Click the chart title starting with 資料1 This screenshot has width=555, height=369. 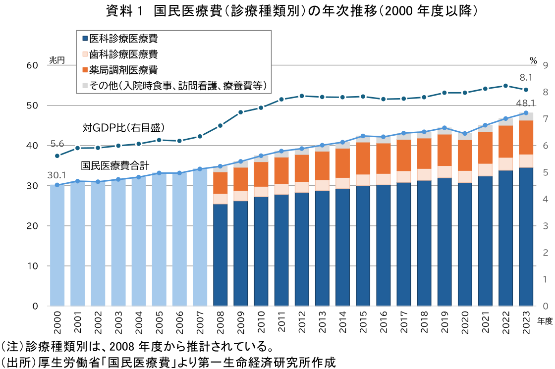pyautogui.click(x=277, y=11)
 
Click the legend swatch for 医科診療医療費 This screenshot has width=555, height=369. pyautogui.click(x=85, y=38)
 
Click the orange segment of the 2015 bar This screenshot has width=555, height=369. pyautogui.click(x=363, y=158)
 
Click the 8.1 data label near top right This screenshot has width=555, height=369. pyautogui.click(x=526, y=78)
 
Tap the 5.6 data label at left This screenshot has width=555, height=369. pyautogui.click(x=57, y=144)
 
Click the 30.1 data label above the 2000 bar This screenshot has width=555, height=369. pyautogui.click(x=57, y=174)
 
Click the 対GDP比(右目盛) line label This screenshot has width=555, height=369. pyautogui.click(x=123, y=128)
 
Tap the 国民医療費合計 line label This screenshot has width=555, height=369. pyautogui.click(x=115, y=164)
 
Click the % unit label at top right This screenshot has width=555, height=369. pyautogui.click(x=533, y=60)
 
